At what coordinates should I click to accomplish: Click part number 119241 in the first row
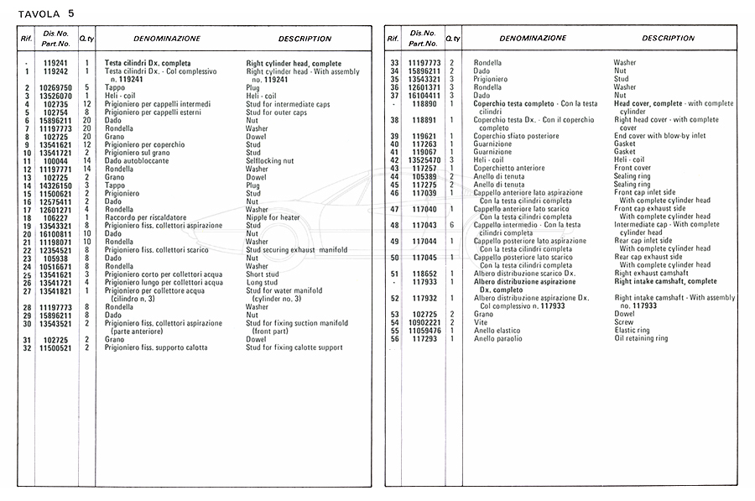pyautogui.click(x=55, y=64)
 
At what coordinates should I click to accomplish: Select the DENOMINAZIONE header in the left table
pyautogui.click(x=166, y=39)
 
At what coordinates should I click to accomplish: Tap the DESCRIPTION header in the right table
pyautogui.click(x=669, y=39)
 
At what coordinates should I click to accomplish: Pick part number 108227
pyautogui.click(x=55, y=218)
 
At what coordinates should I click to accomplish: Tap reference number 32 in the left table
pyautogui.click(x=27, y=347)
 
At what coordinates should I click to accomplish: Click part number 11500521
pyautogui.click(x=55, y=347)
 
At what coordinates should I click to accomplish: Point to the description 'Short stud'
pyautogui.click(x=262, y=274)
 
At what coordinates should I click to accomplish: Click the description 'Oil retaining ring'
pyautogui.click(x=641, y=338)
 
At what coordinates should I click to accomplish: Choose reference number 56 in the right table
pyautogui.click(x=393, y=338)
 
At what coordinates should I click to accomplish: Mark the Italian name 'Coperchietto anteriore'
pyautogui.click(x=509, y=169)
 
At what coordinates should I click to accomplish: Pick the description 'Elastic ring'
pyautogui.click(x=631, y=331)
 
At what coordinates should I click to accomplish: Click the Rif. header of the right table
pyautogui.click(x=392, y=39)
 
